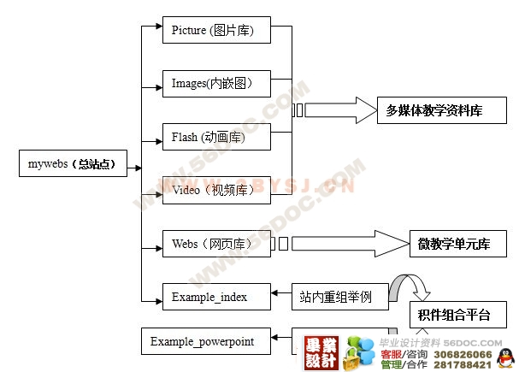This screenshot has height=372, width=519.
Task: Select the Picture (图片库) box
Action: tap(215, 30)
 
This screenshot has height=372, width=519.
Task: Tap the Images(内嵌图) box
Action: tap(215, 83)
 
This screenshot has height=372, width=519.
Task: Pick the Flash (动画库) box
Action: tap(215, 136)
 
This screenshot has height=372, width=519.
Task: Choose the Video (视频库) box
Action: tap(215, 190)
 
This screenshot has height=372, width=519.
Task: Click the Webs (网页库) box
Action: tap(215, 244)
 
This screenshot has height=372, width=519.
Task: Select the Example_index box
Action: tap(215, 297)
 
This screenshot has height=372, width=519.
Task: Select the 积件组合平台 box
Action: tap(453, 315)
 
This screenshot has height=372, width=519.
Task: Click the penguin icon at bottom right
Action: tap(505, 357)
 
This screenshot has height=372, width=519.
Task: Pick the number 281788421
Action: tap(463, 365)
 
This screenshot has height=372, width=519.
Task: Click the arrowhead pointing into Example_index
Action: tap(276, 297)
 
